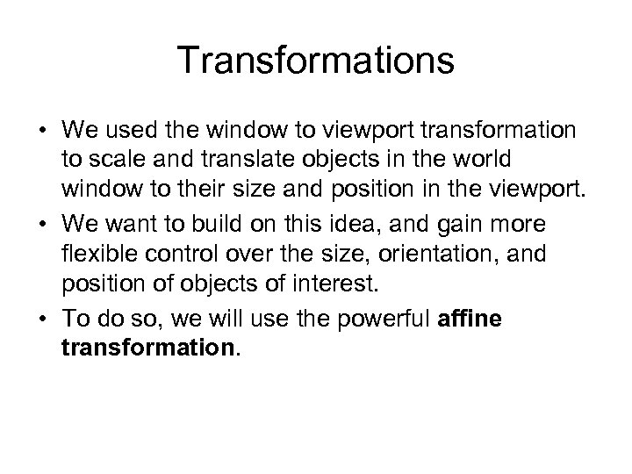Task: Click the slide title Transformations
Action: (316, 62)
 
